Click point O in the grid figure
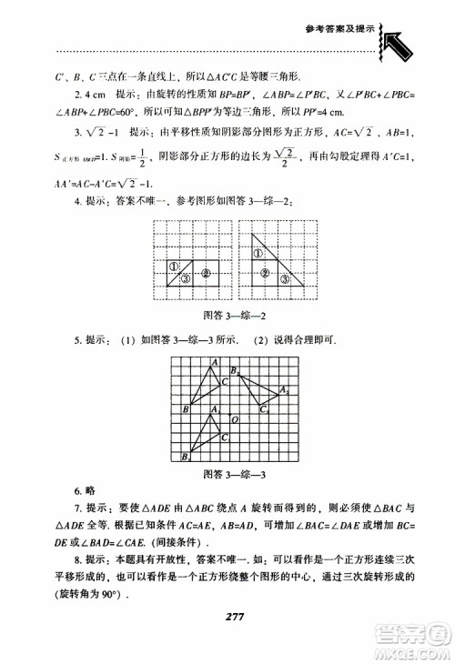[235, 419]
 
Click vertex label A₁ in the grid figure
[213, 410]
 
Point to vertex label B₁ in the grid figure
[185, 457]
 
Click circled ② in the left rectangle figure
[207, 272]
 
